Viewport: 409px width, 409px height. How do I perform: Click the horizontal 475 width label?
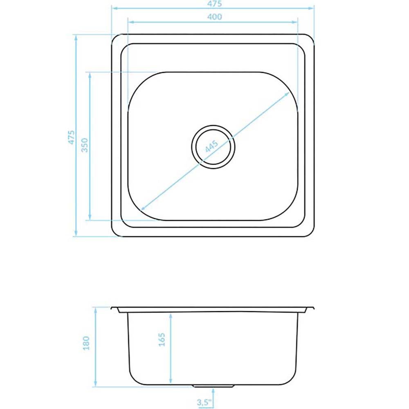point(214,3)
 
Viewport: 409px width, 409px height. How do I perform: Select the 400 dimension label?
point(214,17)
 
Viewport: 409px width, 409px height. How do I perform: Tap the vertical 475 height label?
point(71,137)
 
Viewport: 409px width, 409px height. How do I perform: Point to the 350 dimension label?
point(85,145)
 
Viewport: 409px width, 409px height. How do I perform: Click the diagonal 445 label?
point(211,146)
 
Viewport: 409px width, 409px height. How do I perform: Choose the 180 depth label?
point(86,343)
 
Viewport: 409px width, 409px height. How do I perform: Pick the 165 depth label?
point(162,339)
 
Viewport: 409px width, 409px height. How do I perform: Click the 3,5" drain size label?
point(204,402)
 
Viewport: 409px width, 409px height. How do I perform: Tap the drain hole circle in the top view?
point(213,147)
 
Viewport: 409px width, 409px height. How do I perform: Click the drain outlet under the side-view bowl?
point(213,386)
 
